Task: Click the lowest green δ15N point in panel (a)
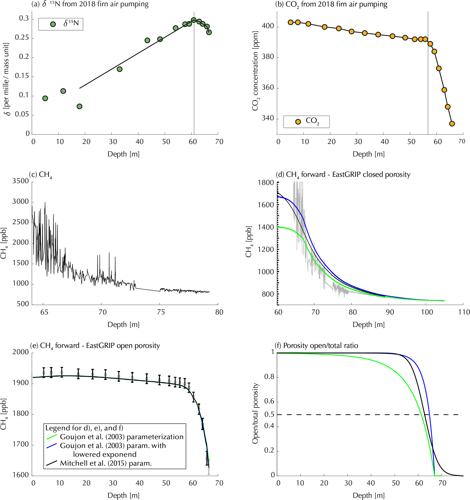[79, 106]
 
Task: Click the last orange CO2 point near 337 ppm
[452, 124]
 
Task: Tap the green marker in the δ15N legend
[53, 24]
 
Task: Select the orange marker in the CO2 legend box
[298, 122]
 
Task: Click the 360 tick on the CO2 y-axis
[268, 88]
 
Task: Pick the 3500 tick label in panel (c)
[21, 181]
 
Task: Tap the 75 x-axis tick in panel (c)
[161, 312]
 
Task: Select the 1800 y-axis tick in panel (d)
[266, 183]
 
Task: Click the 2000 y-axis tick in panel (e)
[21, 352]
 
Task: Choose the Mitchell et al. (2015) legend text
[106, 463]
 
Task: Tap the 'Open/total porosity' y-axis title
[255, 414]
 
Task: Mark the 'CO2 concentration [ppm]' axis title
[255, 71]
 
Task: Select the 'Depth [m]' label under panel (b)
[369, 154]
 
